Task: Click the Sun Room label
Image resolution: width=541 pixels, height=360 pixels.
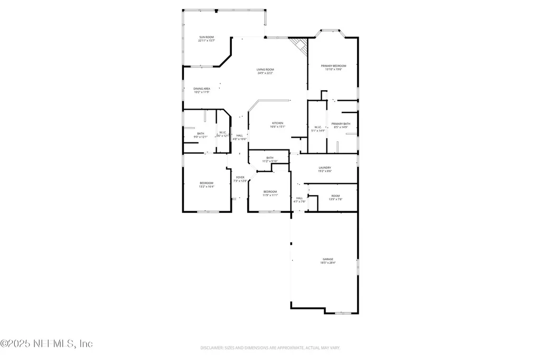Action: [x=206, y=39]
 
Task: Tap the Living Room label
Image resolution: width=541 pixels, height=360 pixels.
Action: [x=265, y=71]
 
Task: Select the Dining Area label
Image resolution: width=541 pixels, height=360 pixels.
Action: [x=202, y=90]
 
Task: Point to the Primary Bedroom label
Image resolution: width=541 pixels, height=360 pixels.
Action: [x=333, y=67]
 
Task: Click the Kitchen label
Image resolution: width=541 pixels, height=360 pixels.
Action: [x=277, y=125]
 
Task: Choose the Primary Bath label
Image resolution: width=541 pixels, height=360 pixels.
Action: [x=341, y=125]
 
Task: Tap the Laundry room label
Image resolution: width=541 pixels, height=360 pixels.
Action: [x=325, y=169]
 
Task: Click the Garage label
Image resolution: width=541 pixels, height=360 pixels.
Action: [x=328, y=260]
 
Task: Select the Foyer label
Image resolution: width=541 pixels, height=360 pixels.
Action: [x=240, y=179]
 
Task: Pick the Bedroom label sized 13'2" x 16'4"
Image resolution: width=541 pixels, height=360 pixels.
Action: [x=206, y=184]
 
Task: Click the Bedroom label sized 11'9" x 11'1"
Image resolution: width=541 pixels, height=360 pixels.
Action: [x=270, y=193]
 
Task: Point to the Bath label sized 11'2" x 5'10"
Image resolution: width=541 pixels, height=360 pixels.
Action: [x=269, y=159]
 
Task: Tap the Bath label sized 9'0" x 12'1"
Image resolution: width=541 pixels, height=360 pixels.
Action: [x=201, y=135]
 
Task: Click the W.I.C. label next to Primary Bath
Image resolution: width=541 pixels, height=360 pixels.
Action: [x=318, y=128]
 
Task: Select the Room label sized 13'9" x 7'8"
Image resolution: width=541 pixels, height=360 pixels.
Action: [x=335, y=197]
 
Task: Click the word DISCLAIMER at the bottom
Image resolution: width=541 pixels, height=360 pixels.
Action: [x=212, y=348]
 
